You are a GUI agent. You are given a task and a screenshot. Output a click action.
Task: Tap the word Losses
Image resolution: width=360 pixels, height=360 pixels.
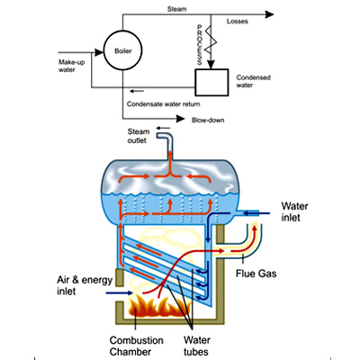coord(238,22)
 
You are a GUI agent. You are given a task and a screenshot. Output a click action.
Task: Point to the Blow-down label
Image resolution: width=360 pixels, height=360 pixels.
coord(208,120)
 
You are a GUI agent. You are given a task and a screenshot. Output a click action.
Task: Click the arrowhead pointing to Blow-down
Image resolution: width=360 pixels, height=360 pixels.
coord(180,119)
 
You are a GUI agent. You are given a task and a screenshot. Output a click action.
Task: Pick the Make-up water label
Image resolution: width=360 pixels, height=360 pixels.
coord(71,66)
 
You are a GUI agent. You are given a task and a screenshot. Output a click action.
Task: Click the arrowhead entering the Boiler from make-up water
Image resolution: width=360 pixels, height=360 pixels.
coord(99,52)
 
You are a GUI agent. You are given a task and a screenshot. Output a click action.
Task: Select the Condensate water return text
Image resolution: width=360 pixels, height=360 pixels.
coord(163,104)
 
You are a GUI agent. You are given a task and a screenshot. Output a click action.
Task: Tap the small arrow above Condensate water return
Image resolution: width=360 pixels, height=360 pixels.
coord(137,91)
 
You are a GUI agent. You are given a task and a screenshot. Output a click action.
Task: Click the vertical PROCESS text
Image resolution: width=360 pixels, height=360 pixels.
coord(200,45)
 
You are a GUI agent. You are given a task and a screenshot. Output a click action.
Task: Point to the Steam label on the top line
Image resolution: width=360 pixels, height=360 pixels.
coord(176,9)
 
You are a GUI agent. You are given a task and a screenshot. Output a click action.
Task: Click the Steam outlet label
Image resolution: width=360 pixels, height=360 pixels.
coord(139,136)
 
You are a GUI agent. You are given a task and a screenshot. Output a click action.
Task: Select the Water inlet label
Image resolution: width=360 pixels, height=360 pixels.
coord(294,211)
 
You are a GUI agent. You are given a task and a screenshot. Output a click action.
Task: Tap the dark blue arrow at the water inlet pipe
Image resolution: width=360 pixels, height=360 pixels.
coord(256,213)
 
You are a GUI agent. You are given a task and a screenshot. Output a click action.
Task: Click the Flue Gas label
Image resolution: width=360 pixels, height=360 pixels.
coord(256,274)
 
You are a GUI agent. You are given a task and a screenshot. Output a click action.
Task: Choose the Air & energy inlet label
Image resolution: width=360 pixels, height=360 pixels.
coord(85,285)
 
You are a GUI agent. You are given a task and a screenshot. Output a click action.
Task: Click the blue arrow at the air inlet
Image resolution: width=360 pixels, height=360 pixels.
coord(119,292)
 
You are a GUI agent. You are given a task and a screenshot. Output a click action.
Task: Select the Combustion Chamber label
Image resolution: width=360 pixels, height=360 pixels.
coord(137,346)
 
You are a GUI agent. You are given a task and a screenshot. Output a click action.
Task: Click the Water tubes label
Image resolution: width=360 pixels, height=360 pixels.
coord(197,346)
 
